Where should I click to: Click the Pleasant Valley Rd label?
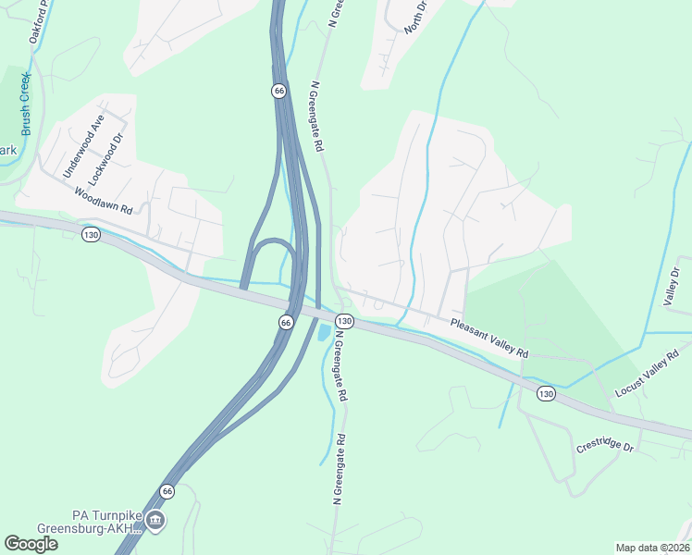(489, 339)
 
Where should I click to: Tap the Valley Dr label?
(672, 287)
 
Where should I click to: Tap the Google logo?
(31, 543)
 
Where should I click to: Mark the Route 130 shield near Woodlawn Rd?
(90, 235)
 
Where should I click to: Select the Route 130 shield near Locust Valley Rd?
(546, 393)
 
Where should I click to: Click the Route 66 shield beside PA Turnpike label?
(167, 491)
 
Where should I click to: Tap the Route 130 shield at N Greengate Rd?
(343, 321)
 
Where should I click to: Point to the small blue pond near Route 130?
(323, 331)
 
